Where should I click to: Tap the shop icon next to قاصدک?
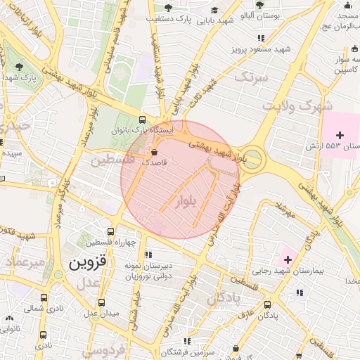(154, 152)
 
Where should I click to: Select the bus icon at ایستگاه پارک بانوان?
(143, 120)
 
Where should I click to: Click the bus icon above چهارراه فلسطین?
(111, 231)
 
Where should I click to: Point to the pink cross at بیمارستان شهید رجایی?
(287, 260)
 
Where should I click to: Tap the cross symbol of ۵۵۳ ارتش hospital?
(340, 134)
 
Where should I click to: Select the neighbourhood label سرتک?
(252, 78)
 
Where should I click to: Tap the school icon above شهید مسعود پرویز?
(261, 38)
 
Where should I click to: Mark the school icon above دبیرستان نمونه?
(147, 254)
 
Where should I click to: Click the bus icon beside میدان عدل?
(102, 302)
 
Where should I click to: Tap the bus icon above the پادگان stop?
(267, 304)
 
